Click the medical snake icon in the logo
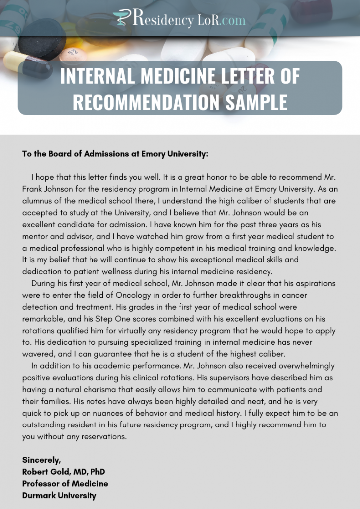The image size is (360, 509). pos(120,18)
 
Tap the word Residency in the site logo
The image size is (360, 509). pos(161,20)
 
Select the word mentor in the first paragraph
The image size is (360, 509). pos(36,236)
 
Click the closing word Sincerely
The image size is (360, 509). pos(41,460)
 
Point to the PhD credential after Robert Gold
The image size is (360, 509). pos(97,472)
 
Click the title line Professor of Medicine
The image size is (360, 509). pos(65,483)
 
